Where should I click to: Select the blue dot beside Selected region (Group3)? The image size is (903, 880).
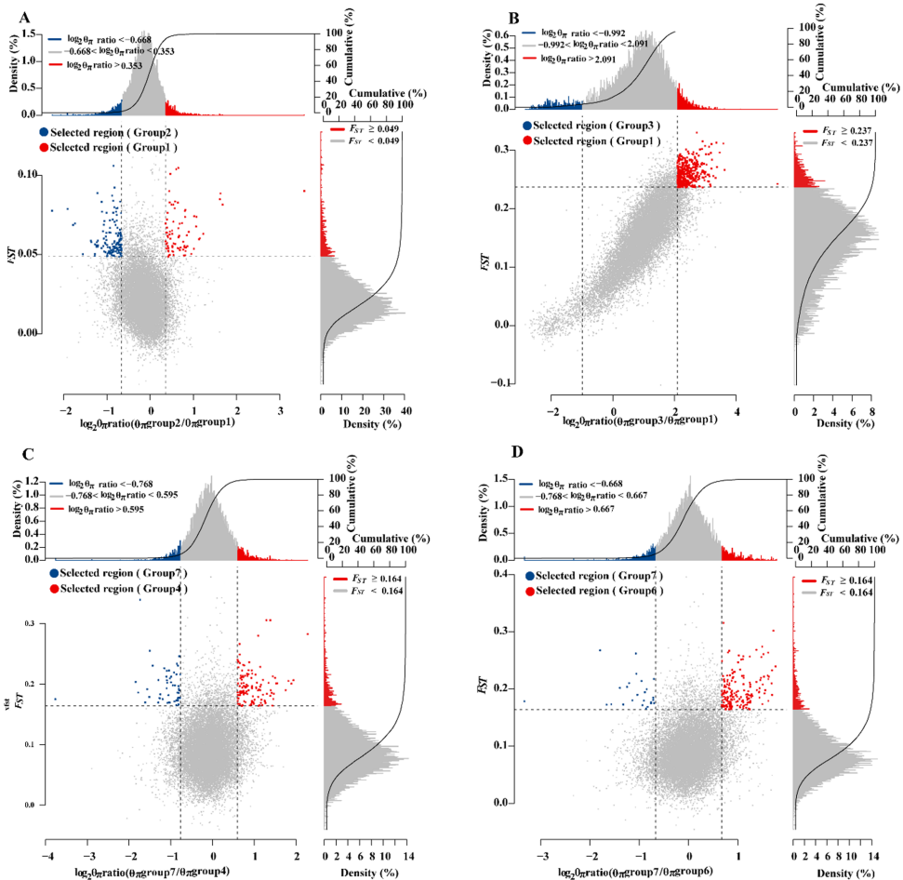pos(528,125)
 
